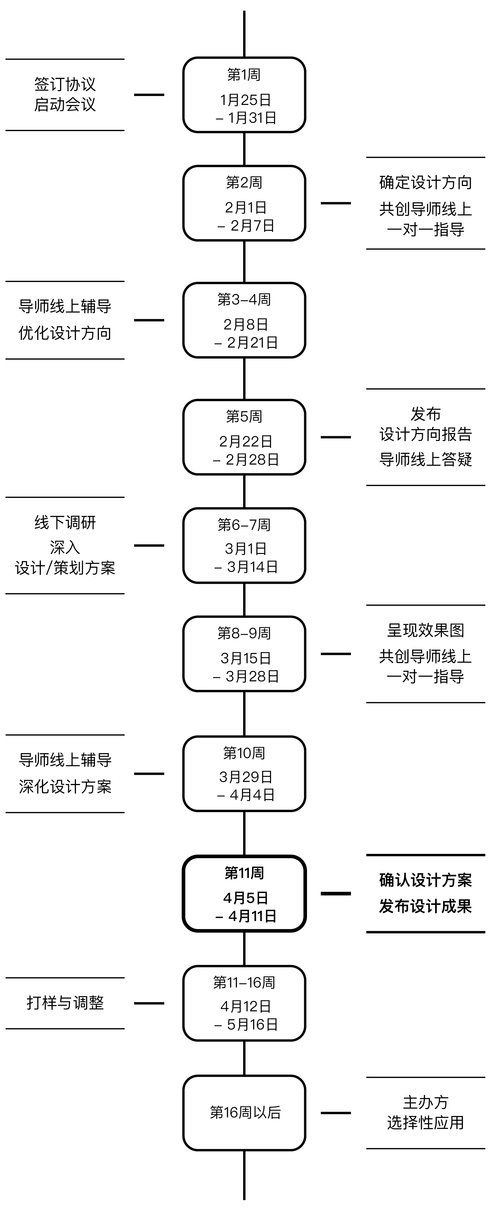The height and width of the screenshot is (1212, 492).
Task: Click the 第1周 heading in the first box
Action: [x=244, y=74]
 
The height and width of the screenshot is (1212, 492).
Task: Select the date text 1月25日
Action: [x=245, y=100]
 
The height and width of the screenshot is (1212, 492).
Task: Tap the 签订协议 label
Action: [x=65, y=84]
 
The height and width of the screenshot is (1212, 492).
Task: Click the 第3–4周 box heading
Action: [x=244, y=299]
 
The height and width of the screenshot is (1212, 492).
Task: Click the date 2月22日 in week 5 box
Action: [x=245, y=441]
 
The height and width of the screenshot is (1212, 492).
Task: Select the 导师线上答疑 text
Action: [x=425, y=459]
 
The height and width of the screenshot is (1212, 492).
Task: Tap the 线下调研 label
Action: [x=65, y=522]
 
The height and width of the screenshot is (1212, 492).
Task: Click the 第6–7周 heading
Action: [x=244, y=525]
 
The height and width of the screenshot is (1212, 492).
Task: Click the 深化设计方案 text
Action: [x=65, y=787]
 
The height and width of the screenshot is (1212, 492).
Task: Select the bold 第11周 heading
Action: [x=244, y=873]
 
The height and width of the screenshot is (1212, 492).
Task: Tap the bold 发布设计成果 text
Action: [x=425, y=906]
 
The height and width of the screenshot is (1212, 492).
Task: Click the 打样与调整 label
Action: [x=65, y=1003]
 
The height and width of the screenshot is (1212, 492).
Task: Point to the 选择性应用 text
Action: [x=425, y=1123]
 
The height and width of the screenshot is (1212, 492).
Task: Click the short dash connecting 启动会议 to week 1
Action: [x=149, y=95]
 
